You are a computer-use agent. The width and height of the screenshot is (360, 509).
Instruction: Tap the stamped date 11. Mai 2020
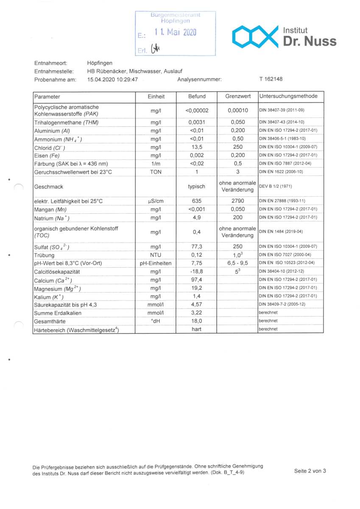click(x=175, y=32)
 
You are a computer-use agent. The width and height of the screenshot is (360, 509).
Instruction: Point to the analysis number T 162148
click(x=271, y=79)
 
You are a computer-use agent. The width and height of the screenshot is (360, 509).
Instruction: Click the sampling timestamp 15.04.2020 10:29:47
click(x=112, y=79)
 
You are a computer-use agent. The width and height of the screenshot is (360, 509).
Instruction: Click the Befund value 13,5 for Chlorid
click(x=196, y=147)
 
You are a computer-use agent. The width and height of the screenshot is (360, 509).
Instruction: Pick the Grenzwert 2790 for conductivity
click(x=237, y=201)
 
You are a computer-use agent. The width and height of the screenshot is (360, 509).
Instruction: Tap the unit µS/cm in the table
click(x=156, y=201)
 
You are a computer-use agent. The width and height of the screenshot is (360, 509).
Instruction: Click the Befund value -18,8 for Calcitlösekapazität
click(x=196, y=271)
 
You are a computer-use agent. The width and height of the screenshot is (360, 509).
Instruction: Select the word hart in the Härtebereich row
click(x=196, y=329)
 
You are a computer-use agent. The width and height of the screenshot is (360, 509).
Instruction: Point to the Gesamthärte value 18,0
click(x=196, y=321)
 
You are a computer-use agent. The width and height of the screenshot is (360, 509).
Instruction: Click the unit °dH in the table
click(x=156, y=321)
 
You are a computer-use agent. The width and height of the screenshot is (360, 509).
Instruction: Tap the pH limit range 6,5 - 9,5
click(x=237, y=263)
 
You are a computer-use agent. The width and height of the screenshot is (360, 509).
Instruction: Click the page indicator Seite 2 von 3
click(x=310, y=470)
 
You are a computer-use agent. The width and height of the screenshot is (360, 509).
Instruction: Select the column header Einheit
click(x=156, y=97)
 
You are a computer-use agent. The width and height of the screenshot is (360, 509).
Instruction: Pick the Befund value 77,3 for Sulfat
click(x=196, y=246)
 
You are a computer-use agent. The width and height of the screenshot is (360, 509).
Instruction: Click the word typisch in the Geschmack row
click(x=196, y=186)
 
